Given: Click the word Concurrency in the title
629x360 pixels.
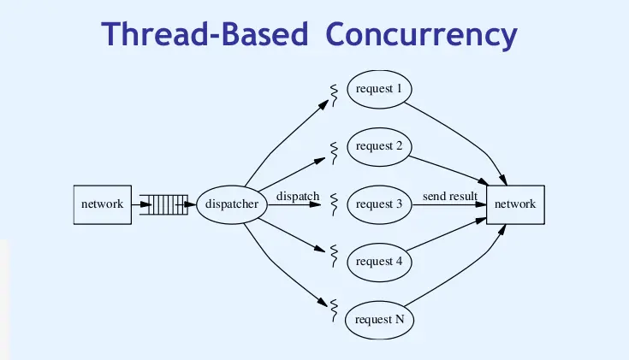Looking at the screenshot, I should (422, 35).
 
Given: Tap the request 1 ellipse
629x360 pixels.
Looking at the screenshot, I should (378, 88).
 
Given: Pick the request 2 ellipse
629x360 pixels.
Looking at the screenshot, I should (378, 146).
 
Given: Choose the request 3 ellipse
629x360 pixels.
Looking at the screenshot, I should (378, 204).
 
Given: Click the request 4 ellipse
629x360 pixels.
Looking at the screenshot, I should (378, 262).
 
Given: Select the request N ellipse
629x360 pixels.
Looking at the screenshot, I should (378, 320).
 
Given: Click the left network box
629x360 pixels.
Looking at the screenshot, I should (103, 204).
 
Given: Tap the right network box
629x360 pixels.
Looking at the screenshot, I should (515, 204).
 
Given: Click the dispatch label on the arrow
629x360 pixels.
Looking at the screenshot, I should (297, 197).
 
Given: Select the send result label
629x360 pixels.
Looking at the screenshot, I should (449, 197).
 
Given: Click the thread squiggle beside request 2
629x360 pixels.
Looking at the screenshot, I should (334, 151).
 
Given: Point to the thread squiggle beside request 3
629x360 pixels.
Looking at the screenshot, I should (334, 204).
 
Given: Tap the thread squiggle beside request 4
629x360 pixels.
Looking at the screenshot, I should (334, 255).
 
